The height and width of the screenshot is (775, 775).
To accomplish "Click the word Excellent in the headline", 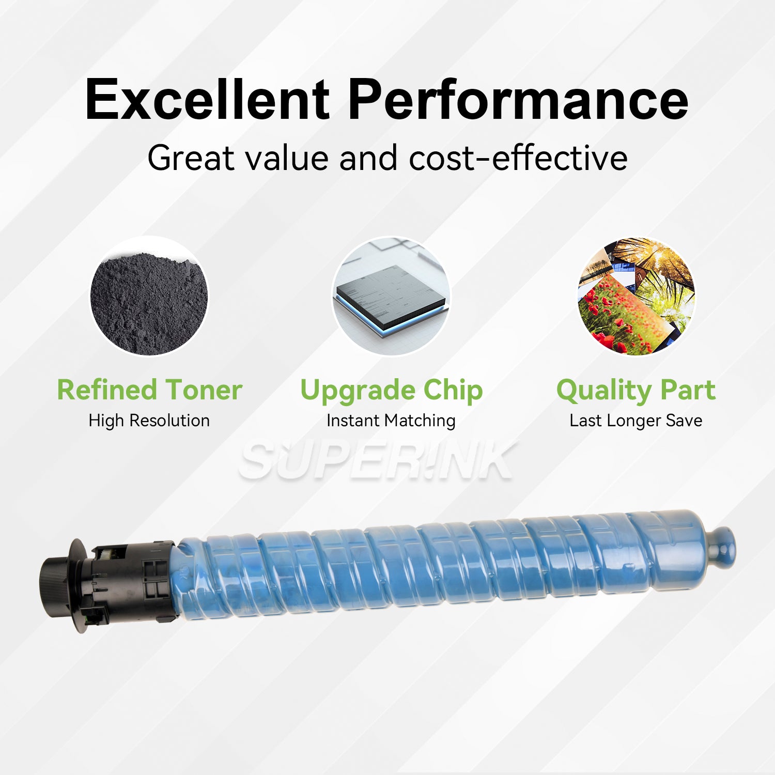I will click(207, 99).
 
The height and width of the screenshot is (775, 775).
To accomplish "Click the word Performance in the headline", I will click(518, 100).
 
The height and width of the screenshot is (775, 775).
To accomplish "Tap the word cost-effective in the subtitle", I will click(518, 158).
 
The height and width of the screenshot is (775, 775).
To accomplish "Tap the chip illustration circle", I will click(391, 297).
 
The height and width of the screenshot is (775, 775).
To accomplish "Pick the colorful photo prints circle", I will click(636, 297).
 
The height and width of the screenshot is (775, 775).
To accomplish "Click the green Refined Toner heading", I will click(149, 390).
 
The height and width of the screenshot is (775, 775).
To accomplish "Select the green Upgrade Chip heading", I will click(391, 391).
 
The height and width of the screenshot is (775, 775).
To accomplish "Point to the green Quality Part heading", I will click(636, 391).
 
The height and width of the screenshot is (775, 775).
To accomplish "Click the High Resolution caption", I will click(149, 421).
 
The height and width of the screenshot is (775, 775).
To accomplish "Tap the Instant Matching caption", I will click(391, 421).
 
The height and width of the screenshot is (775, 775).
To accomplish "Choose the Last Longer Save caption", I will click(636, 421).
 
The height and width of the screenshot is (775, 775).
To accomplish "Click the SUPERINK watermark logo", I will click(377, 461).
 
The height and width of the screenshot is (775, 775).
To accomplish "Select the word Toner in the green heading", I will click(204, 390).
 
